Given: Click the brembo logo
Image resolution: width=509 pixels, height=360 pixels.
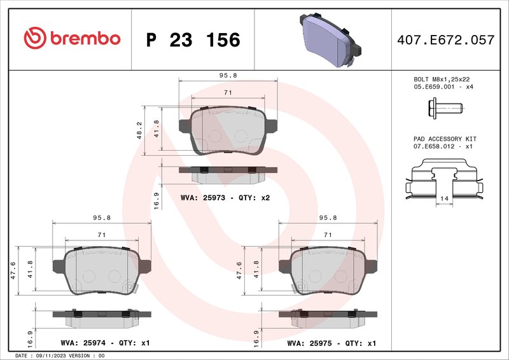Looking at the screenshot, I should point(72,39).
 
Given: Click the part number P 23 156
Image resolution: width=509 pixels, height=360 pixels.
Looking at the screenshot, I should point(193,40).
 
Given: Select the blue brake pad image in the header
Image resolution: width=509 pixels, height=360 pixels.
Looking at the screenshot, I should point(327,39).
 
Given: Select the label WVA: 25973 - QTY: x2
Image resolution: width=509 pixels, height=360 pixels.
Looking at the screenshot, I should point(226,198).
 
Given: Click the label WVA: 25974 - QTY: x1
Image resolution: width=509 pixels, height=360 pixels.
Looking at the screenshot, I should point(106,343).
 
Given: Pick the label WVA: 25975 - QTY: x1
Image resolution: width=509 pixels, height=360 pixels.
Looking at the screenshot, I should point(331,343).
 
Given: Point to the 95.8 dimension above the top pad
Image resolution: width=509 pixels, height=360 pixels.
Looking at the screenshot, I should point(228,75).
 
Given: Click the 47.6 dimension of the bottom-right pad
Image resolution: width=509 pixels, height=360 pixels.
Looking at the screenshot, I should point(240,270).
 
